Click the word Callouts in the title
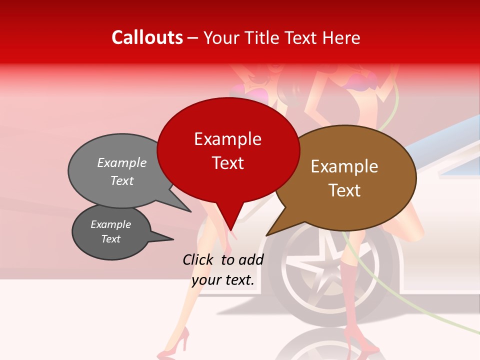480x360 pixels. pyautogui.click(x=147, y=37)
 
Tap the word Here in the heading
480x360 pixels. pyautogui.click(x=341, y=37)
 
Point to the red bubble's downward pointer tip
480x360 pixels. pyautogui.click(x=231, y=230)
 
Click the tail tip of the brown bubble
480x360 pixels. pyautogui.click(x=267, y=235)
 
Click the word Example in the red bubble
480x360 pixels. pyautogui.click(x=228, y=139)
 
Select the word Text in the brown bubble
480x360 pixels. pyautogui.click(x=345, y=190)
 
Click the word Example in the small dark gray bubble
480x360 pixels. pyautogui.click(x=111, y=224)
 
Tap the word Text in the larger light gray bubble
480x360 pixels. pyautogui.click(x=122, y=181)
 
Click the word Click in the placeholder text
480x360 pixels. pyautogui.click(x=199, y=259)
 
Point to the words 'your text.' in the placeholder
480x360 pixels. pyautogui.click(x=223, y=280)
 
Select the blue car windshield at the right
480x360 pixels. pyautogui.click(x=452, y=155)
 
